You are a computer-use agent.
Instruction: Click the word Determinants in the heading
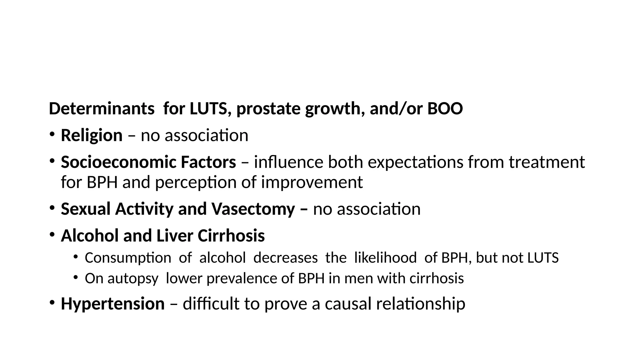(x=102, y=109)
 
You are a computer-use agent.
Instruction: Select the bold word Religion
(x=92, y=135)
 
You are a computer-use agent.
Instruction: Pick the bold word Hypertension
(x=112, y=303)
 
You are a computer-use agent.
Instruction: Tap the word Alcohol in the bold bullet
(x=90, y=236)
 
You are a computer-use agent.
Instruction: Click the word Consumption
(x=128, y=258)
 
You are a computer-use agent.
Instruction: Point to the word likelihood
(x=385, y=258)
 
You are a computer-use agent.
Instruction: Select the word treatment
(x=547, y=162)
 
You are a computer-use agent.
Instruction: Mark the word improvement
(x=312, y=182)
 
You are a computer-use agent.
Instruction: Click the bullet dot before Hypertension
(x=52, y=302)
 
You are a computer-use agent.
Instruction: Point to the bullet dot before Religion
(x=52, y=134)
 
